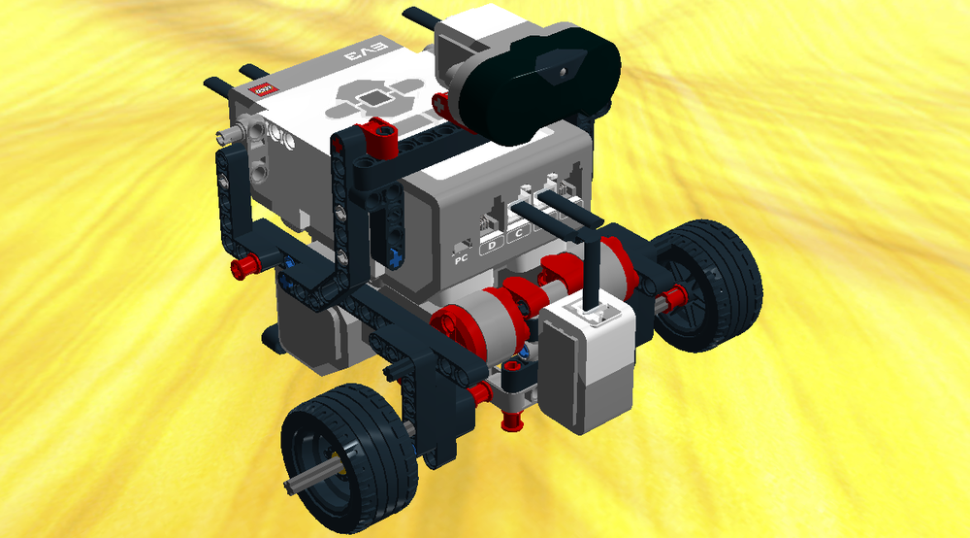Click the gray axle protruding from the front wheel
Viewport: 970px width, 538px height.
pos(308,481)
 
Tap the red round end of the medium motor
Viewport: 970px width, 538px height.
pos(449,326)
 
